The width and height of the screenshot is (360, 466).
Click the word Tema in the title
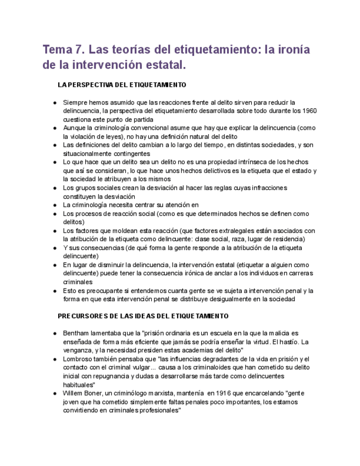(60, 50)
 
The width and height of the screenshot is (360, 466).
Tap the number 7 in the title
(82, 50)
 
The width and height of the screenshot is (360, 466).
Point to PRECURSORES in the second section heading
(84, 317)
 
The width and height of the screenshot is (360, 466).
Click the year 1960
(309, 110)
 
